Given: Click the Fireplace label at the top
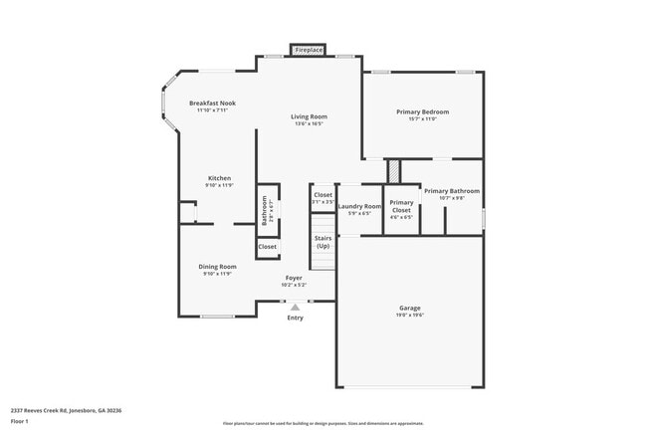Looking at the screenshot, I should (x=310, y=49).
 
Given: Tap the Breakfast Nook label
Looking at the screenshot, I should (x=211, y=104).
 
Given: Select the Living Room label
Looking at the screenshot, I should (x=309, y=116).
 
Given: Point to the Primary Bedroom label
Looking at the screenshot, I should (x=423, y=112).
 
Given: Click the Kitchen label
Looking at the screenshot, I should (x=219, y=178).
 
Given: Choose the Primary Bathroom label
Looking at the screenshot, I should (x=452, y=191).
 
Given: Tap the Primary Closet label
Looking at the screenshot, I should (x=401, y=207).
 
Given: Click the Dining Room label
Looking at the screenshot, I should (x=217, y=267).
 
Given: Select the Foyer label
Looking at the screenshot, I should (x=294, y=278).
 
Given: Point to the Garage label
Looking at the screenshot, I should (x=410, y=308).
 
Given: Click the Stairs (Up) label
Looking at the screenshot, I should (x=323, y=242).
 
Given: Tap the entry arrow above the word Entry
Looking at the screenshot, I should (x=295, y=309).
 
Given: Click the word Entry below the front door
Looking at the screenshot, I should (x=295, y=319).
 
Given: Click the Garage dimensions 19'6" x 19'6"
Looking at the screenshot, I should (x=410, y=316).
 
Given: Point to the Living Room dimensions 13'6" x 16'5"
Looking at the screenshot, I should (x=309, y=124).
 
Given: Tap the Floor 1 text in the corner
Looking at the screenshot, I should (x=21, y=421).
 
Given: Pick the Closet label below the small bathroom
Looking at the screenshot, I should (x=268, y=247).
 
